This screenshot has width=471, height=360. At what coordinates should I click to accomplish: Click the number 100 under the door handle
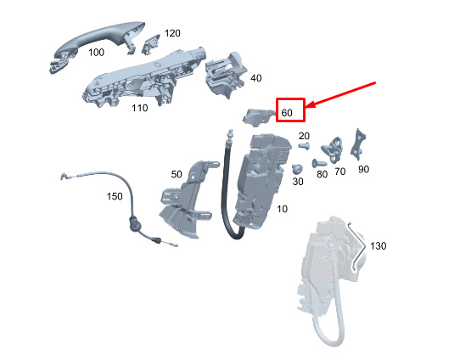(96, 53)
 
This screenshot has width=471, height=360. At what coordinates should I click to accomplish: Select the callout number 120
(172, 33)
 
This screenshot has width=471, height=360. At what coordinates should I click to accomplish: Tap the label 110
(140, 108)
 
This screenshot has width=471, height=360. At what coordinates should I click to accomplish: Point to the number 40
(256, 78)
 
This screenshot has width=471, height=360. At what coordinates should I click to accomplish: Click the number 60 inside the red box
(287, 113)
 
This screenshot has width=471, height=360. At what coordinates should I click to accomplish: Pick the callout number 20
(304, 136)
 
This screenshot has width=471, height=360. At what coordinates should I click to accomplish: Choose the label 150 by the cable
(115, 196)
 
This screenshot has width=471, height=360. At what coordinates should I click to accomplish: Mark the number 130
(378, 246)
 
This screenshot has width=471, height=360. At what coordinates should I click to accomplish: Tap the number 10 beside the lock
(282, 209)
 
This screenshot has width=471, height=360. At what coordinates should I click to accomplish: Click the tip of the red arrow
(307, 107)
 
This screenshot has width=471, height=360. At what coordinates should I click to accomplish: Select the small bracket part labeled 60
(258, 116)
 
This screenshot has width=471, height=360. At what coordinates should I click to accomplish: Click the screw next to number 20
(304, 146)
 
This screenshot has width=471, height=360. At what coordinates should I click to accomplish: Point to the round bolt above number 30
(297, 169)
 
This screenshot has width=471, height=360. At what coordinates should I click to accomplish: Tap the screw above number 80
(319, 164)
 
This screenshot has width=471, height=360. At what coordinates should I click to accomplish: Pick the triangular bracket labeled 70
(333, 149)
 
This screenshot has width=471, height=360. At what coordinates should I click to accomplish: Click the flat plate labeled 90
(358, 144)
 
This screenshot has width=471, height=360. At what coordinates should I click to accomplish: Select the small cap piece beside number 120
(150, 44)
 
